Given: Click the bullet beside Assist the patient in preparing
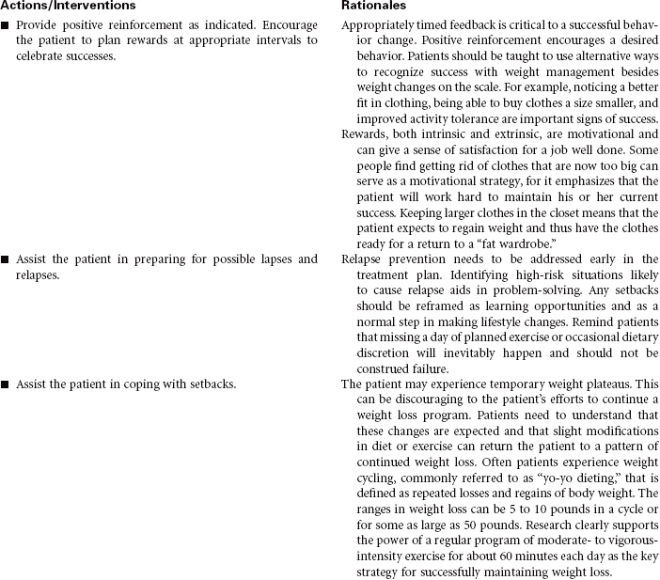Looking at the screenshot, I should coord(6,259).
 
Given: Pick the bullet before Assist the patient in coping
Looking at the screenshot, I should coord(6,384).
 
